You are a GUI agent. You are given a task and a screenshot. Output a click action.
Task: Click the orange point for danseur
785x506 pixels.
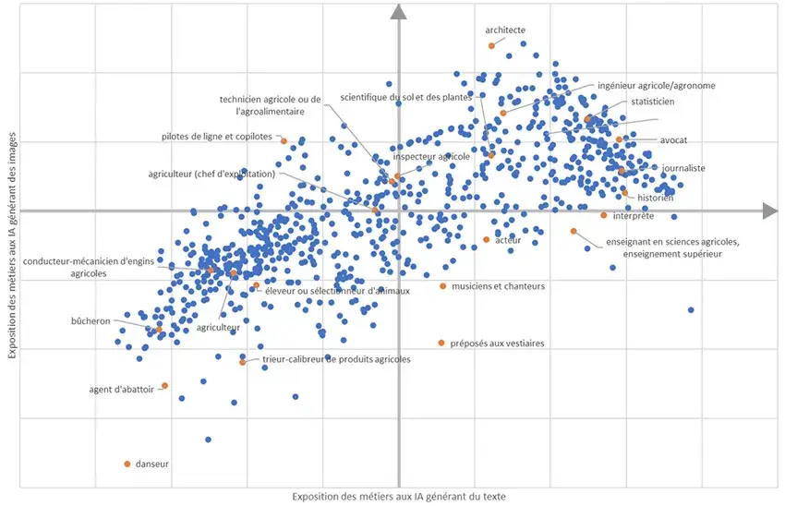pyautogui.click(x=127, y=464)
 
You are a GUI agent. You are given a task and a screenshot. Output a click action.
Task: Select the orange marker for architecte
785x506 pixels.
pyautogui.click(x=491, y=45)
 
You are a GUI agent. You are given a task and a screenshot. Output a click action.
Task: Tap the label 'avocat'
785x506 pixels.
pyautogui.click(x=673, y=140)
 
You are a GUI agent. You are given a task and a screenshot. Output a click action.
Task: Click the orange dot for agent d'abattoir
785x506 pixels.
pyautogui.click(x=164, y=386)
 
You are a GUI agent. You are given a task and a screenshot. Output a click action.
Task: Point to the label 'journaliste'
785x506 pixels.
pyautogui.click(x=683, y=168)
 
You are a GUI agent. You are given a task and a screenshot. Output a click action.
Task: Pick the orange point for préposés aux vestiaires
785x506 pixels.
pyautogui.click(x=441, y=343)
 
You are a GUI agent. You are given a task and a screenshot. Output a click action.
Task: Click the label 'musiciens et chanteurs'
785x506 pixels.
pyautogui.click(x=498, y=286)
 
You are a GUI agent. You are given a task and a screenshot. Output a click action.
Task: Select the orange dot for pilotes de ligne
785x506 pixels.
pyautogui.click(x=284, y=140)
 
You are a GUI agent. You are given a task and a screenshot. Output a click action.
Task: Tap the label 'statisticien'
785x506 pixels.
pyautogui.click(x=653, y=102)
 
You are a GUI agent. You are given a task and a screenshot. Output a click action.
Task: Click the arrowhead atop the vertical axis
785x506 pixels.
pyautogui.click(x=399, y=11)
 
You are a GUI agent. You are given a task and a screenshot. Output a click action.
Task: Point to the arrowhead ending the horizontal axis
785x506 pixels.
pyautogui.click(x=769, y=211)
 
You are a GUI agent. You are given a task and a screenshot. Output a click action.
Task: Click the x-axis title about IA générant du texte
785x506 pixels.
pyautogui.click(x=399, y=497)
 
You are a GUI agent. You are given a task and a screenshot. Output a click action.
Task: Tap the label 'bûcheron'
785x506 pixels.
pyautogui.click(x=91, y=321)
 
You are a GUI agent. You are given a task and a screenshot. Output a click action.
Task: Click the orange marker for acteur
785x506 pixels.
pyautogui.click(x=487, y=240)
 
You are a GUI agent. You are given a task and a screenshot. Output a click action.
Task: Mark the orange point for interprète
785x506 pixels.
pyautogui.click(x=604, y=215)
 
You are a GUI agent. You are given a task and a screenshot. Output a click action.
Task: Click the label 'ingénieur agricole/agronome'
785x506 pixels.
pyautogui.click(x=657, y=86)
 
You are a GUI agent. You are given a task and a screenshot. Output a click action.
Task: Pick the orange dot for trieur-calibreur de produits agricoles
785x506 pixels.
pyautogui.click(x=243, y=361)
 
